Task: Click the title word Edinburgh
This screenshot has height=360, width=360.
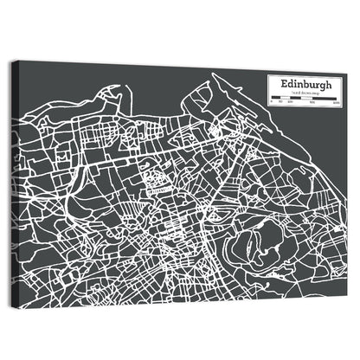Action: (x=306, y=84)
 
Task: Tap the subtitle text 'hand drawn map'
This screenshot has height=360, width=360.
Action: (x=306, y=93)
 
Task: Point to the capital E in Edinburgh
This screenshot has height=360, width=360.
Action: (x=282, y=84)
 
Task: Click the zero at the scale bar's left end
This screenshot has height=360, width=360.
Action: (x=272, y=105)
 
